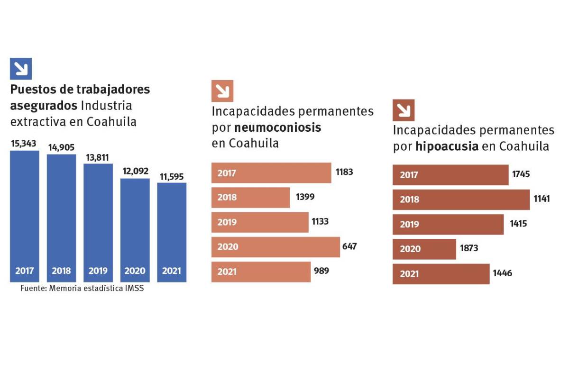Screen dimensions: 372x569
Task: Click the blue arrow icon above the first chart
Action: point(21,69)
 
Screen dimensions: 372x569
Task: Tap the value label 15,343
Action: point(24,143)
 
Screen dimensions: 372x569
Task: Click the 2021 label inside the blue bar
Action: point(171,271)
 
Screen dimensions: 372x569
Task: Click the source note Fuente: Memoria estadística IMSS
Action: point(82,288)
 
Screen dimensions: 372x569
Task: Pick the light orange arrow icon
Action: point(222,91)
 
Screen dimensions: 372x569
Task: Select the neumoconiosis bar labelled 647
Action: point(275,247)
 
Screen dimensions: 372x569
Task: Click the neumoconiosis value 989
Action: point(321,271)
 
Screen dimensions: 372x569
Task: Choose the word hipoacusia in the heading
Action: point(447,146)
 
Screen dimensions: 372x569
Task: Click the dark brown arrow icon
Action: point(404,110)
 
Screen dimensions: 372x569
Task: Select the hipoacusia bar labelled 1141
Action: point(461,200)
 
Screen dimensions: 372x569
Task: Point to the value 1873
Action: point(468,248)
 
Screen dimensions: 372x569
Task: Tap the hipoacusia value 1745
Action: point(521,174)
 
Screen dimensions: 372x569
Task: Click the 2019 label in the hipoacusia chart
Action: point(409,224)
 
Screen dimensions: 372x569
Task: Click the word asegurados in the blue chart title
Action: point(44,105)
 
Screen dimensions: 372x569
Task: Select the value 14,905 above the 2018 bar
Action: point(61,147)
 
